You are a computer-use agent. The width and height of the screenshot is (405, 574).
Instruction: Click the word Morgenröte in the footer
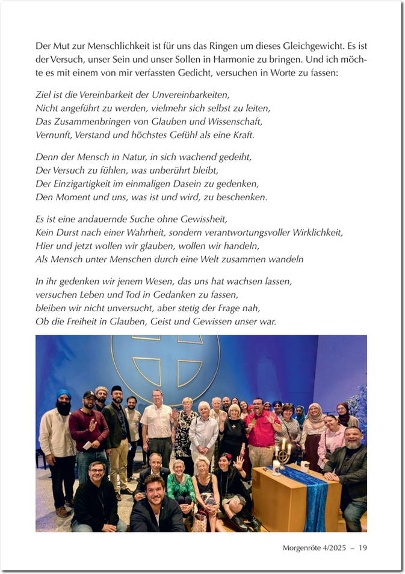303,547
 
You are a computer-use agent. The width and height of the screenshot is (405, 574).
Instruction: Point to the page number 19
363,547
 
